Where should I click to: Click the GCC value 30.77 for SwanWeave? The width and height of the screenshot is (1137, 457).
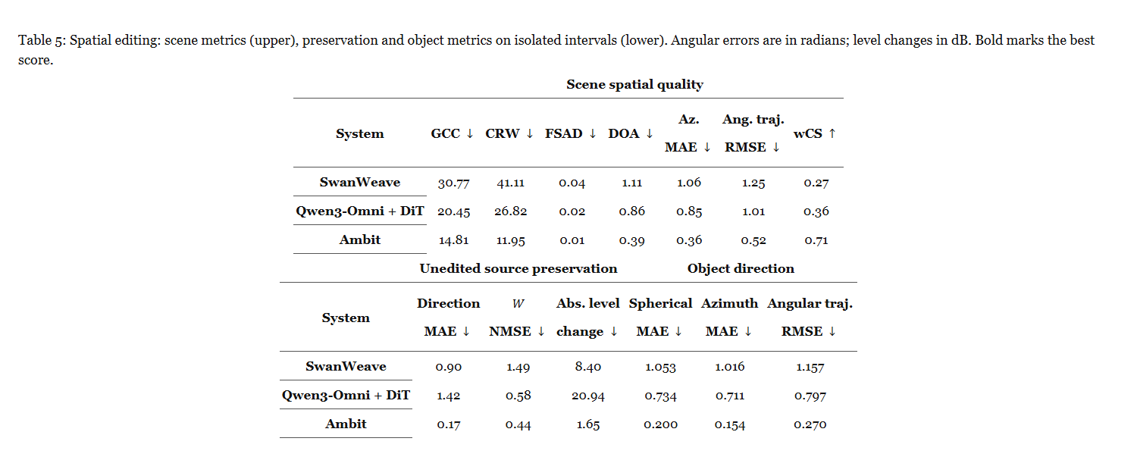[453, 183]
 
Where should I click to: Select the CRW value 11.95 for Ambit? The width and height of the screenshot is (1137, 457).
[510, 240]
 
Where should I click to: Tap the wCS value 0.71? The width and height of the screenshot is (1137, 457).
[816, 240]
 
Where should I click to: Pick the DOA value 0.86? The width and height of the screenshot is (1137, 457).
[631, 211]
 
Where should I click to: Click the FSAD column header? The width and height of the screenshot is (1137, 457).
[570, 133]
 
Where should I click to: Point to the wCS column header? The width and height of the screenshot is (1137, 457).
[814, 133]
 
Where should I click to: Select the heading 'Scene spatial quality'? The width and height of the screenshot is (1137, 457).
[634, 84]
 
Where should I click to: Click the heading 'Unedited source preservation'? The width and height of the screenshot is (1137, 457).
[518, 268]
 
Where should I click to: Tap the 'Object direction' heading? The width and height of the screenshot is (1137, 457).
[741, 268]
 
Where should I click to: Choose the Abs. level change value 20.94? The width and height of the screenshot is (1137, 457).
[587, 396]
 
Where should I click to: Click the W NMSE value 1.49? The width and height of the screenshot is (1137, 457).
[518, 367]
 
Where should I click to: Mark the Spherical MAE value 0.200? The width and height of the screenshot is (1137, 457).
[660, 424]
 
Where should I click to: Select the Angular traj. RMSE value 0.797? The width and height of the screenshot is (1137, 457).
[810, 396]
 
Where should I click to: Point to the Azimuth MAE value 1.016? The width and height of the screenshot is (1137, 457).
[729, 367]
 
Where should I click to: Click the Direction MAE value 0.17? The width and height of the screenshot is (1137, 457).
[448, 424]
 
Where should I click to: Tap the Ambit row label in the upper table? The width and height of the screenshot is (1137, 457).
[359, 239]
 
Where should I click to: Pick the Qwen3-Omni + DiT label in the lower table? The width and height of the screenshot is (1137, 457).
[346, 396]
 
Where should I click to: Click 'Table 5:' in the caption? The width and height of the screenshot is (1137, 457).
[42, 41]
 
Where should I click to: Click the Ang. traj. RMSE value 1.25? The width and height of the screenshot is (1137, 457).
[753, 183]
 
